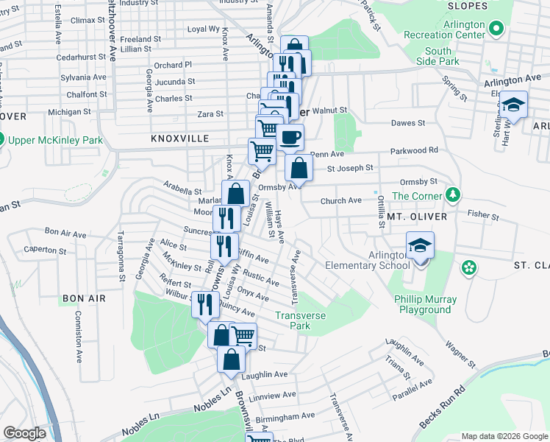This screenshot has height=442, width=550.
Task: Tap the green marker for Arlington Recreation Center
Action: pos(496,29)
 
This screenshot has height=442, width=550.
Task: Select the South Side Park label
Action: pos(438,57)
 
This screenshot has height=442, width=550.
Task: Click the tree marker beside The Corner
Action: pos(454,195)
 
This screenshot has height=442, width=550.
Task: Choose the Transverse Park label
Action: pos(299,320)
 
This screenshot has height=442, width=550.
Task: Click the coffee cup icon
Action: pos(290,138)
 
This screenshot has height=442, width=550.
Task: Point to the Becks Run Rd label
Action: pos(443,410)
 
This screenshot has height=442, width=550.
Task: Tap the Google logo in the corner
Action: pos(25,434)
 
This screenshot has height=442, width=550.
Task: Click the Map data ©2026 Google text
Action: pos(505,436)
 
